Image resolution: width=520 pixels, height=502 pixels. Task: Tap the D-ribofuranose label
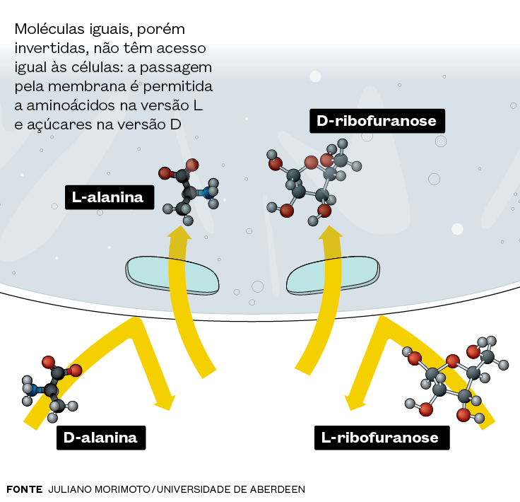[377, 122]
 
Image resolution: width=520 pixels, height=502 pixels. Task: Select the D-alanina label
[100, 437]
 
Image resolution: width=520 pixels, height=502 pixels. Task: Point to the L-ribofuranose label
[380, 437]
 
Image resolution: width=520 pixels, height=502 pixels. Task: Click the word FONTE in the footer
[24, 489]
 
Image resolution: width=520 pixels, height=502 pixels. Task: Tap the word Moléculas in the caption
[49, 30]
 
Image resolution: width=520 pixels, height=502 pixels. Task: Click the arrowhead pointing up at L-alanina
[179, 235]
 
